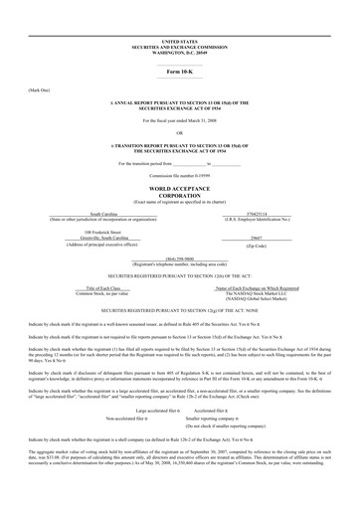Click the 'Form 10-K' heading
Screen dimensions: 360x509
point(180,73)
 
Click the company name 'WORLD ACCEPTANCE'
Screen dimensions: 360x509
point(180,187)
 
